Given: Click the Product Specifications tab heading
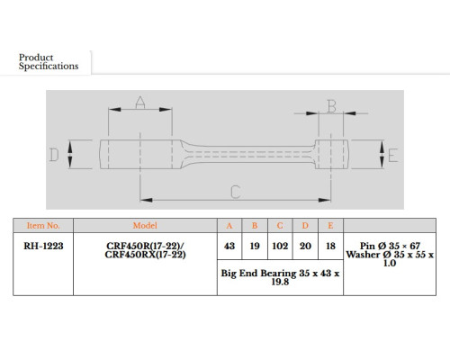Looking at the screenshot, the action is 49,62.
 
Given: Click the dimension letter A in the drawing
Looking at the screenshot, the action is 140,103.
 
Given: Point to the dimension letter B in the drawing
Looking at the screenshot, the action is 331,106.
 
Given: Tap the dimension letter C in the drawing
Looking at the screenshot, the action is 236,192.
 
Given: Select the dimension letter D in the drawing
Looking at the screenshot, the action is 54,155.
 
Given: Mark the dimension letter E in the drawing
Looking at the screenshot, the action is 392,156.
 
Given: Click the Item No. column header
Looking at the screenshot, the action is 43,226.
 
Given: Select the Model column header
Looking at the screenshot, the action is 145,226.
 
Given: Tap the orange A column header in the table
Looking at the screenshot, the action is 229,226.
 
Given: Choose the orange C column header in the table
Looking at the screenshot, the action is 280,226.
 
